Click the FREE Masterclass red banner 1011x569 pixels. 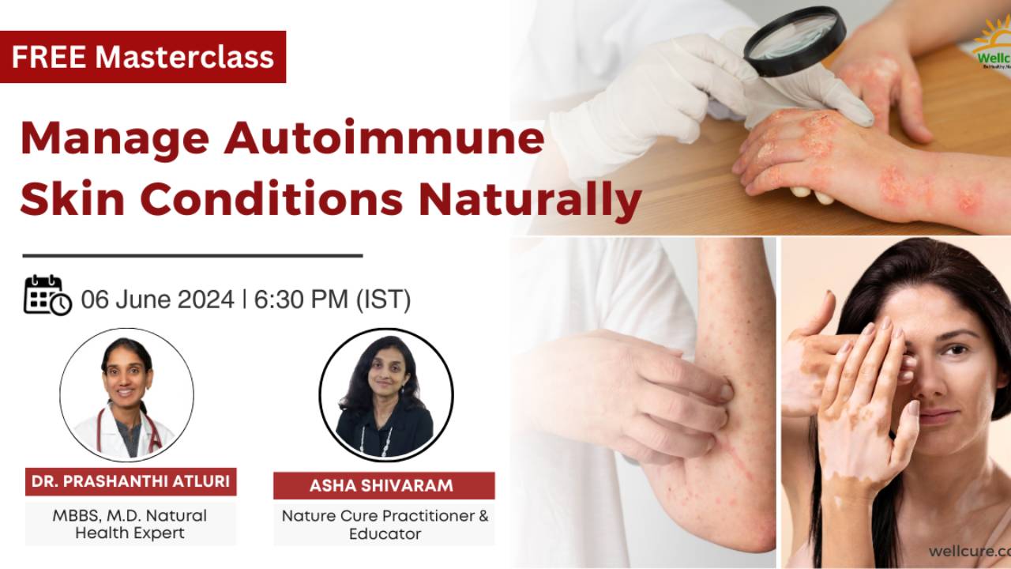click(x=143, y=57)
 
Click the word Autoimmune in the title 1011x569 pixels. click(x=385, y=138)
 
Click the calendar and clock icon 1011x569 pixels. click(x=47, y=296)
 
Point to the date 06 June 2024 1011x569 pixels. click(x=157, y=300)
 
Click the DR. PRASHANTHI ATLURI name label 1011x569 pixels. click(x=130, y=481)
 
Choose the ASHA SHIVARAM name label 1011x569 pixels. click(x=384, y=485)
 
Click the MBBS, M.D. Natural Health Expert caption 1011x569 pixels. click(x=130, y=524)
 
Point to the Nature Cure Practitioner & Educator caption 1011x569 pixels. click(x=385, y=525)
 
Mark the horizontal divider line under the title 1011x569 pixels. click(x=192, y=256)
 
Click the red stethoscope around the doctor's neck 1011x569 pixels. click(x=150, y=431)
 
